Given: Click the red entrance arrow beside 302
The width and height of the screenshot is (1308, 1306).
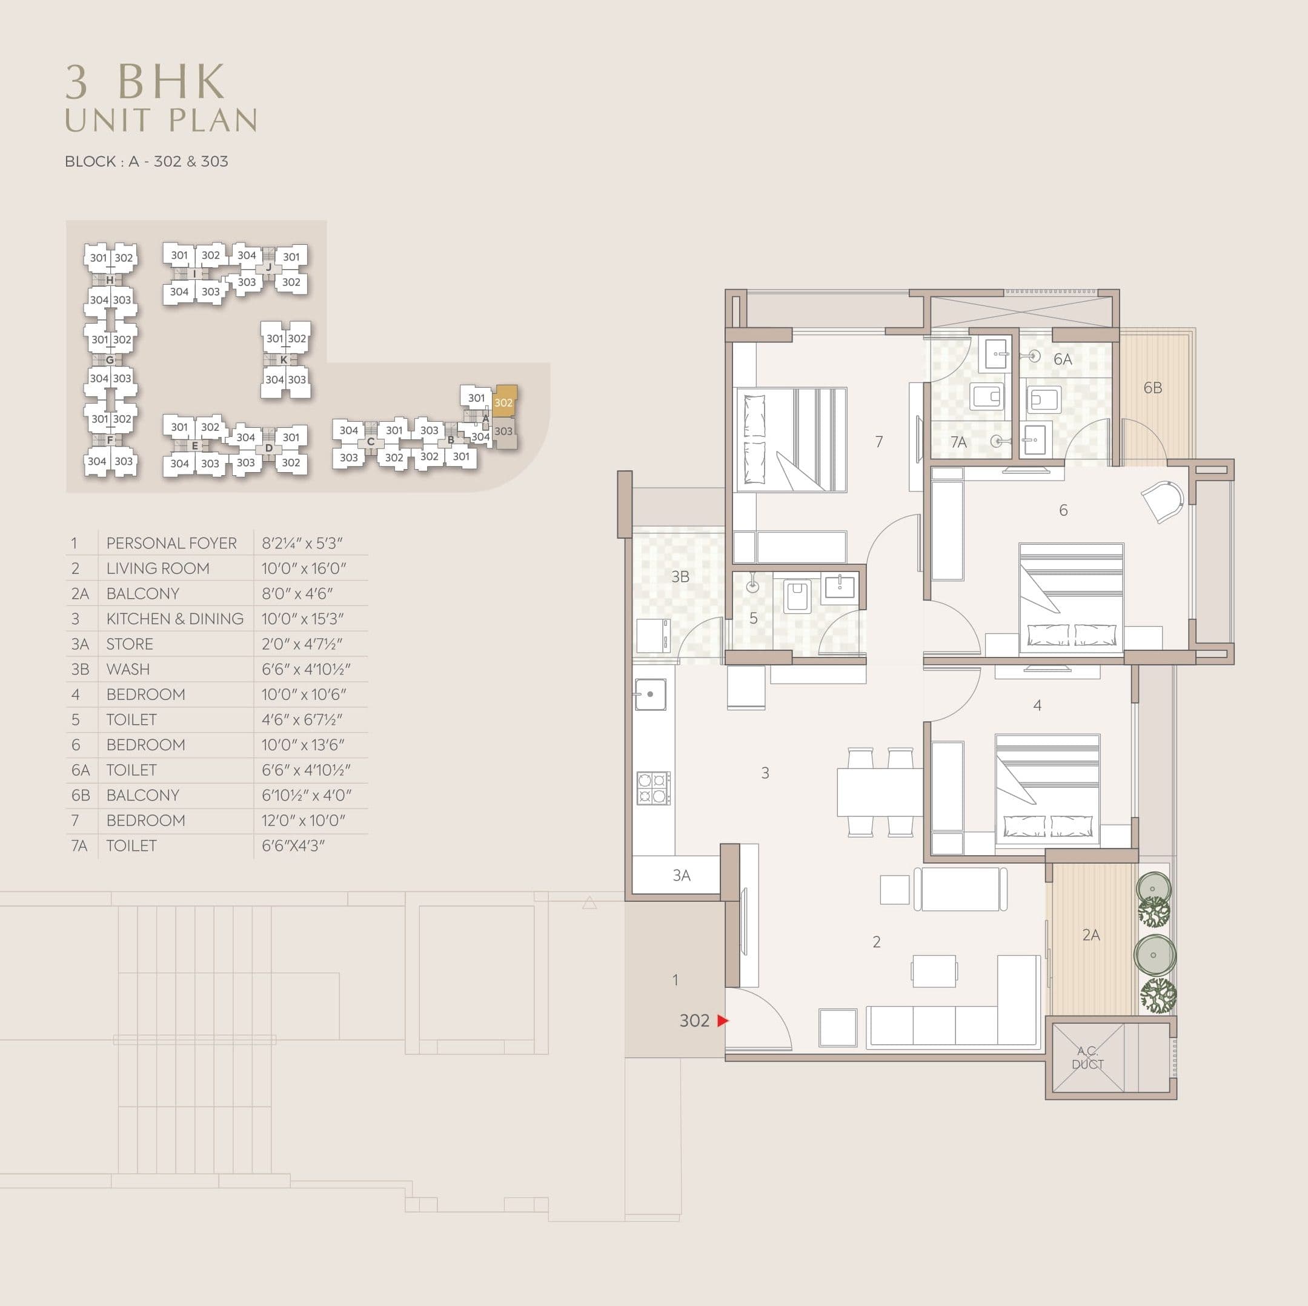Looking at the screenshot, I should click(x=722, y=1020).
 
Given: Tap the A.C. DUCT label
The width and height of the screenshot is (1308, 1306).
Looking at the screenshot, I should click(x=1087, y=1058).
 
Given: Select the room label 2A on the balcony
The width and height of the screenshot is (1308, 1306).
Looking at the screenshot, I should click(x=1091, y=935).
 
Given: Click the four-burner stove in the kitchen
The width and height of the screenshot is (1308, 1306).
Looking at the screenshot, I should click(x=653, y=788).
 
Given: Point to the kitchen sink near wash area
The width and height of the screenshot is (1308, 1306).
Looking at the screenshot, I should click(x=650, y=695).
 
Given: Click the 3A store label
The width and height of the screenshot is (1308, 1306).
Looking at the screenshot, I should click(x=681, y=875).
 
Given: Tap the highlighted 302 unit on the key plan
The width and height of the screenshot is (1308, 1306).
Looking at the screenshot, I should click(x=503, y=402).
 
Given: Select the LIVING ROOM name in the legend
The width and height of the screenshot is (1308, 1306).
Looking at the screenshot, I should click(x=158, y=568).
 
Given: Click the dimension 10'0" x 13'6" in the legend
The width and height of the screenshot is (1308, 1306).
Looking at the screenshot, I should click(x=303, y=744).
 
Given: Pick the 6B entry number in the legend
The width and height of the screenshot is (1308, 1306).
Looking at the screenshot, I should click(x=80, y=795).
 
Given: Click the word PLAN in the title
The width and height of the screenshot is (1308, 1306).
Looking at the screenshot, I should click(x=213, y=121).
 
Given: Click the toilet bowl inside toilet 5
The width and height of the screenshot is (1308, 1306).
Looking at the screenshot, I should click(x=797, y=597).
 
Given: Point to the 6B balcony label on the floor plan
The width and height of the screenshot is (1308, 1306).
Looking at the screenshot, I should click(x=1152, y=387).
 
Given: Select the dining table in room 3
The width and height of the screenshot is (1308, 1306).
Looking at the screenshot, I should click(x=880, y=792).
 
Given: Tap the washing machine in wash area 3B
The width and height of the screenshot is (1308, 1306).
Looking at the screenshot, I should click(x=653, y=635).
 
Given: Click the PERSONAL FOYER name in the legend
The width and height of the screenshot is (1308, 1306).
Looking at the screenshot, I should click(x=171, y=543).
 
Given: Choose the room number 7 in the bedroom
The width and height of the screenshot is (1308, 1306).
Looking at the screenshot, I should click(x=879, y=442).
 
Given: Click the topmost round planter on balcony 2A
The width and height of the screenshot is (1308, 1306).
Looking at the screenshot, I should click(x=1152, y=888).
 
